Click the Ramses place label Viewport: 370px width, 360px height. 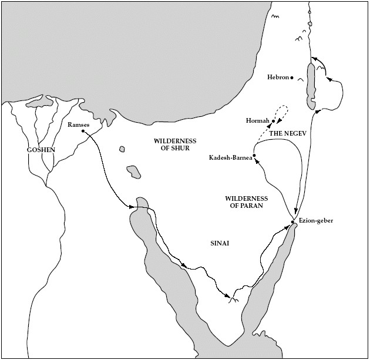pyautogui.click(x=79, y=125)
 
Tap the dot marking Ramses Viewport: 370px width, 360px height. pyautogui.click(x=83, y=131)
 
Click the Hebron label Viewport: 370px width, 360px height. pyautogui.click(x=278, y=77)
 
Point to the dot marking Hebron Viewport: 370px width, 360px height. pyautogui.click(x=292, y=77)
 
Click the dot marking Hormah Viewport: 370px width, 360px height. pyautogui.click(x=274, y=121)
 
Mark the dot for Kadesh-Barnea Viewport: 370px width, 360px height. pyautogui.click(x=254, y=156)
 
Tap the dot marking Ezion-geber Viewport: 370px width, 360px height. pyautogui.click(x=292, y=221)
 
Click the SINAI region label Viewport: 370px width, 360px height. pyautogui.click(x=220, y=243)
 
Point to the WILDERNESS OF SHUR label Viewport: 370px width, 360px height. pyautogui.click(x=174, y=145)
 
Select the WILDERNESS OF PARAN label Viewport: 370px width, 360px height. pyautogui.click(x=247, y=203)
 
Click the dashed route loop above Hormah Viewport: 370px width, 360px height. pyautogui.click(x=282, y=111)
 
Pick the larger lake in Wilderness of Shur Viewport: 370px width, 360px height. pyautogui.click(x=133, y=171)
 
